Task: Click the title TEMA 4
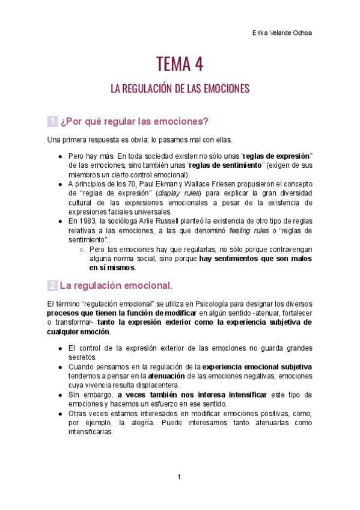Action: coord(180,63)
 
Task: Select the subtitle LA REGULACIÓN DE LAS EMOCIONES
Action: coord(180,89)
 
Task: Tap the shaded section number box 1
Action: coord(52,121)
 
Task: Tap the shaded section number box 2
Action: coord(52,284)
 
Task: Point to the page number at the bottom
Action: coord(179,477)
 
